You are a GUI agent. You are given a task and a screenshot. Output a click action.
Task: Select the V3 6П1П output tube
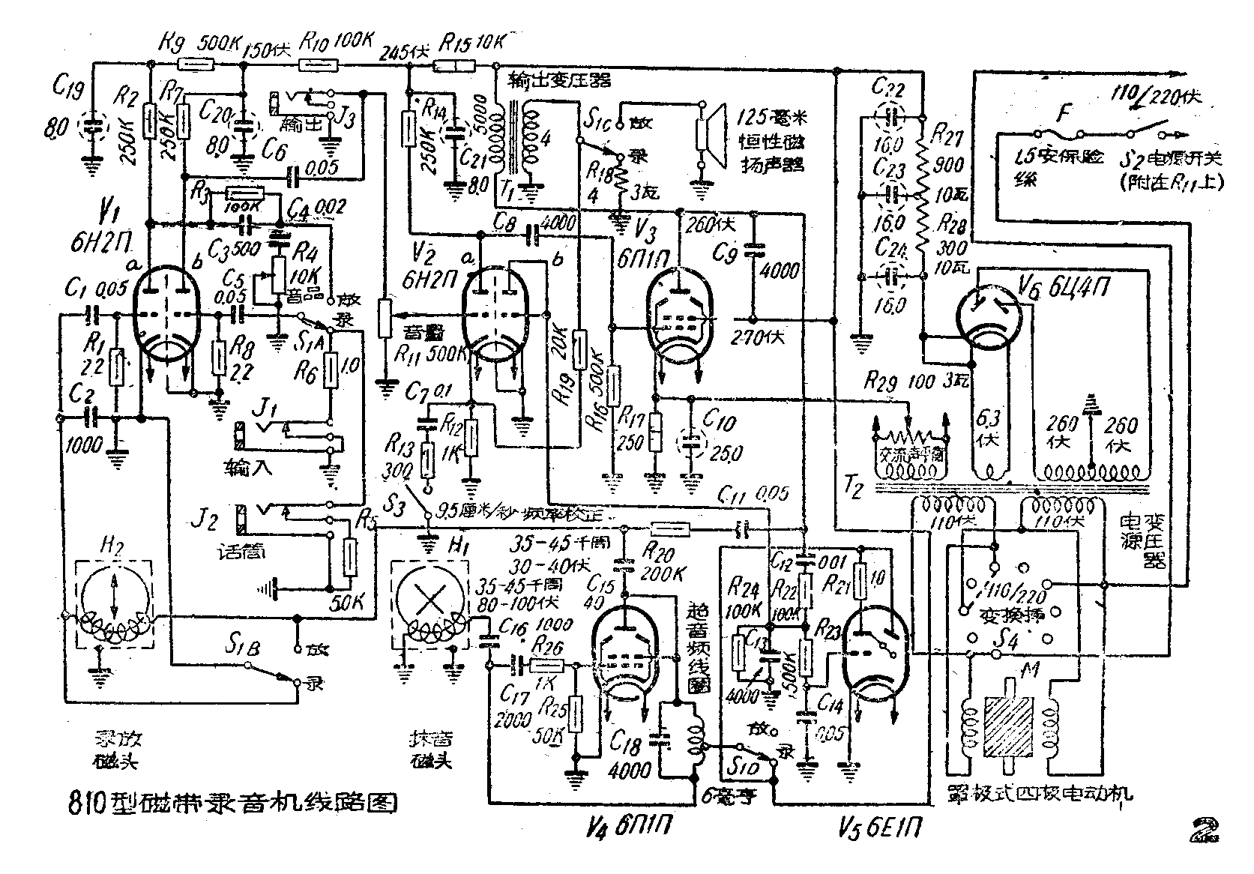678,316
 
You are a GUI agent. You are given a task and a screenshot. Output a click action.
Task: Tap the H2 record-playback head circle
115,600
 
